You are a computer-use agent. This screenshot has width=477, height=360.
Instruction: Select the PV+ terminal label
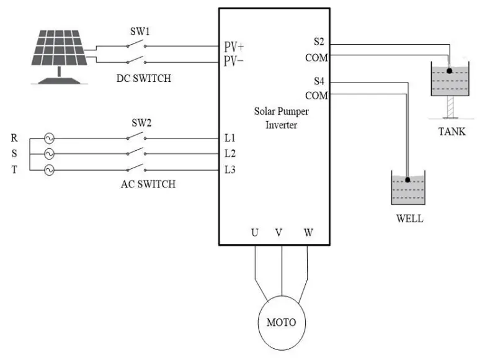point(234,47)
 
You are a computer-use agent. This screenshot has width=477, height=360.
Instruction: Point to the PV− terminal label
point(234,61)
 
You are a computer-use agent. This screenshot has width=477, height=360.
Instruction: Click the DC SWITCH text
point(143,79)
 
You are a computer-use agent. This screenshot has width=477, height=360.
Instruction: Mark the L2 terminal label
point(230,153)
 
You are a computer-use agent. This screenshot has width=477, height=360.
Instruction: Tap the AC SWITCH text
point(148,184)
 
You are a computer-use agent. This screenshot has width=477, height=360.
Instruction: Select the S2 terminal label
point(319,42)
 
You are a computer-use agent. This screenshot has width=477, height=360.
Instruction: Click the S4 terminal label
point(319,81)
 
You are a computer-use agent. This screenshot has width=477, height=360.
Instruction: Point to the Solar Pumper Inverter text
point(281,118)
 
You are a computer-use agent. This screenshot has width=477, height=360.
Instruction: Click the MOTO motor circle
point(281,323)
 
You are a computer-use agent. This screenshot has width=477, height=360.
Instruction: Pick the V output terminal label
point(279,233)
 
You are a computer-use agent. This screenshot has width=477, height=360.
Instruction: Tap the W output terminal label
point(308,233)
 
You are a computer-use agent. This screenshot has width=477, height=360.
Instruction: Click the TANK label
point(452,132)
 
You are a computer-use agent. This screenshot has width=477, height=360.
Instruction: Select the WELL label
point(409,218)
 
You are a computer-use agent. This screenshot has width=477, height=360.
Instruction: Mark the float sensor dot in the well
point(408,180)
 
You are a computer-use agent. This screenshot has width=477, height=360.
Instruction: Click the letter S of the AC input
point(14,154)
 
